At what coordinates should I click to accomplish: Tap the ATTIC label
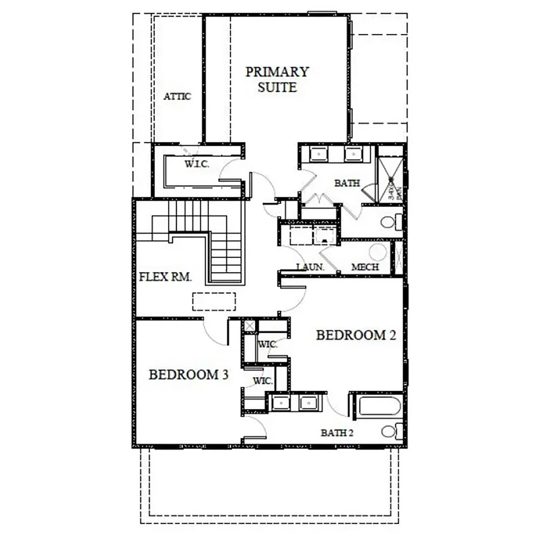coord(177,97)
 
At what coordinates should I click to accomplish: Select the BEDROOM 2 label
coord(356,335)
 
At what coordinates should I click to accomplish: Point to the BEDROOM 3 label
coord(189,375)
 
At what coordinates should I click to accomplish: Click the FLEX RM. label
coord(165,277)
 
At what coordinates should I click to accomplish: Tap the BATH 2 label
coord(337,433)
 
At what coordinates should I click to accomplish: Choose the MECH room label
coord(365,267)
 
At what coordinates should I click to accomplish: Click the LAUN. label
coord(310,267)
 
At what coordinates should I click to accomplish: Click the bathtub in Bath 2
coord(380,406)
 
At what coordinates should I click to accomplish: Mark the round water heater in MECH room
coord(378,251)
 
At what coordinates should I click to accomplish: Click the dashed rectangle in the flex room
coord(214,301)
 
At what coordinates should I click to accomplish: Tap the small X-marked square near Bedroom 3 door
coord(249,326)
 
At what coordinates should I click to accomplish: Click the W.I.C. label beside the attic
coord(197,164)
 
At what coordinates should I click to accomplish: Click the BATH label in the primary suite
coord(347,183)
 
